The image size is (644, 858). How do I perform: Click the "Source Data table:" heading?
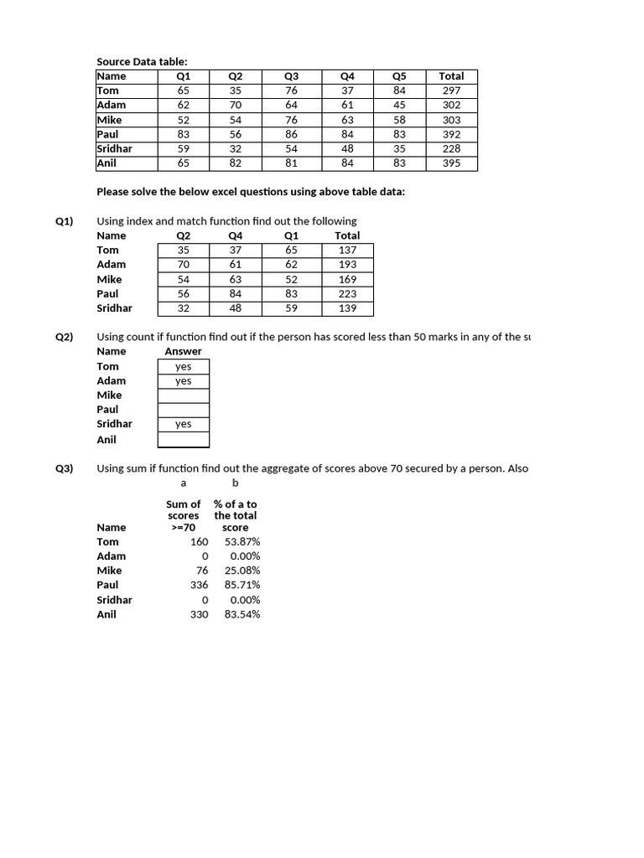(142, 61)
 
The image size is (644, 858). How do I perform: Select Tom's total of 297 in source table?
(451, 90)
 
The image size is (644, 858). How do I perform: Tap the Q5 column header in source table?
(399, 76)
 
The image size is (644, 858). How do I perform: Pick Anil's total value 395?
(451, 163)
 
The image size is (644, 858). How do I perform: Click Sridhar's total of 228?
(451, 149)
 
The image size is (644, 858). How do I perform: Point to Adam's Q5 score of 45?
(399, 105)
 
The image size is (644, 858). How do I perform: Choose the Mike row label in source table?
(110, 120)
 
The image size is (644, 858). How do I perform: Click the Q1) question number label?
(65, 221)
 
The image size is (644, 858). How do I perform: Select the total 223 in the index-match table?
(347, 294)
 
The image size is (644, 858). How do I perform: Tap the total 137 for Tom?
(347, 250)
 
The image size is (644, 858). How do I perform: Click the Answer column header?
(183, 351)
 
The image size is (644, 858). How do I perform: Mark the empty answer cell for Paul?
(183, 410)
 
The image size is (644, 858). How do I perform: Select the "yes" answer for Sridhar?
(183, 424)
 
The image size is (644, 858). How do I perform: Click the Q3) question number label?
(65, 468)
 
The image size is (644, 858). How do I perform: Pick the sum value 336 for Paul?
(199, 585)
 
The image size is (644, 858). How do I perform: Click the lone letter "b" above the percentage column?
(236, 483)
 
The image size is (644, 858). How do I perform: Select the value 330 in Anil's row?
(199, 614)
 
